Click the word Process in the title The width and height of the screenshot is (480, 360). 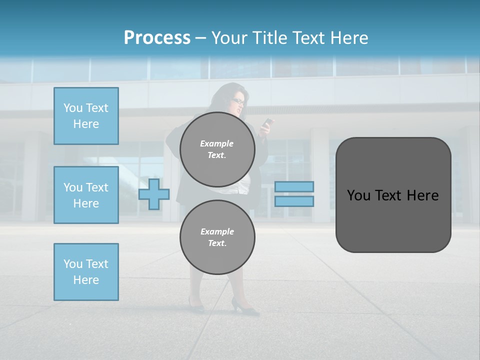157,38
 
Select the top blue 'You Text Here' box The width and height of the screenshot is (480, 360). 86,116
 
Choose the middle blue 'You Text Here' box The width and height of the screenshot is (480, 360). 86,195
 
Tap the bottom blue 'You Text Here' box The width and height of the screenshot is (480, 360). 86,272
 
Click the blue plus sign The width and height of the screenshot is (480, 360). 154,194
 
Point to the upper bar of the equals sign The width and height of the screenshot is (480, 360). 294,187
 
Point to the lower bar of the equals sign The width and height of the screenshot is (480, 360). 294,201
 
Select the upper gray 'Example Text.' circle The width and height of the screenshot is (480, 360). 217,149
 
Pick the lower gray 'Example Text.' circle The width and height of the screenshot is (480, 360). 217,237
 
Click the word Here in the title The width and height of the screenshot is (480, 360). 348,38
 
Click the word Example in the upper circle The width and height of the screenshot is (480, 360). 217,143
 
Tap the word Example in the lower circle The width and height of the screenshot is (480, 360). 217,231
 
